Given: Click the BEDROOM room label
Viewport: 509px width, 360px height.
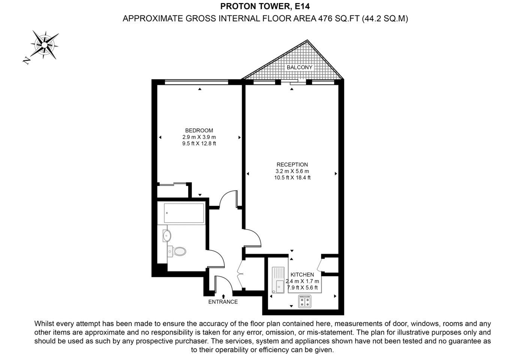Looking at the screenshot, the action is (x=199, y=130).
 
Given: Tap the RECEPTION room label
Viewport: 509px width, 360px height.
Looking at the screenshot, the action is (x=292, y=165).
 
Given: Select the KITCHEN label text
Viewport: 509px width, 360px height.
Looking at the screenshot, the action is (x=302, y=274).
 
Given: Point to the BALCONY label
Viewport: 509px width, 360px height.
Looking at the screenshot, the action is (x=299, y=67).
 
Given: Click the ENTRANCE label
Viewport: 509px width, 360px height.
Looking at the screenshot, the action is (x=223, y=302).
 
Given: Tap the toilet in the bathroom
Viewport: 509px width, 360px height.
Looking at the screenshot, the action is (x=177, y=251).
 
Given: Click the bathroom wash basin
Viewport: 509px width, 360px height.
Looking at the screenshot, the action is (x=167, y=235).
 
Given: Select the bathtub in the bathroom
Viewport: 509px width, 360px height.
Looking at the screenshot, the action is (x=181, y=213).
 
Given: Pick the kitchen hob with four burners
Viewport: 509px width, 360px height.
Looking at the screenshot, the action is (x=305, y=301).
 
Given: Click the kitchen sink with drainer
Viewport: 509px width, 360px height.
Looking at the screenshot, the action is (x=278, y=280).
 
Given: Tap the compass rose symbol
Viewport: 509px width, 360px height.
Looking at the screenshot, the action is (x=45, y=45).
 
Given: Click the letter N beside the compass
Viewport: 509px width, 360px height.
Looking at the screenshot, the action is (x=27, y=60).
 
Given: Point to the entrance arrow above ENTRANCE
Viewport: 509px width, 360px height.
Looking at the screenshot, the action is (x=223, y=296).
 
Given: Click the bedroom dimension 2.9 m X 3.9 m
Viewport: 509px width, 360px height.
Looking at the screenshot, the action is (x=199, y=137).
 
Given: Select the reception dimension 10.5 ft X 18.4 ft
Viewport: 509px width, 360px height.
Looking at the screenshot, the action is (x=292, y=178).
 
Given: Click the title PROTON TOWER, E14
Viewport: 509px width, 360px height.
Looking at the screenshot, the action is (x=265, y=6).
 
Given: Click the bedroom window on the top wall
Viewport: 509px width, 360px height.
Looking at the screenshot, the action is (x=196, y=82).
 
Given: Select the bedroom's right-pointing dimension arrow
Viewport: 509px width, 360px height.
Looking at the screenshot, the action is (x=240, y=137).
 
